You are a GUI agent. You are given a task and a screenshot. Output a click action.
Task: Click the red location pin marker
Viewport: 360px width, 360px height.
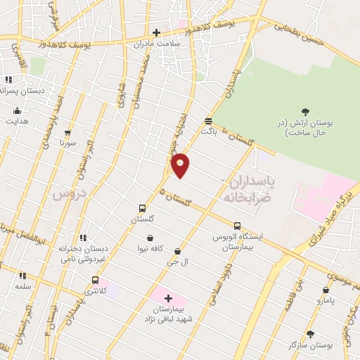pyautogui.click(x=181, y=165)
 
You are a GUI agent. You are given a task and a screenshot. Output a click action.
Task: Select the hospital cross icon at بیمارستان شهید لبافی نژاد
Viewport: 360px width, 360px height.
pyautogui.click(x=169, y=298)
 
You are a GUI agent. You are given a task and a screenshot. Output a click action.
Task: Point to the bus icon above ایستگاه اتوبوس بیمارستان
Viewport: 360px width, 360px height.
pyautogui.click(x=237, y=226)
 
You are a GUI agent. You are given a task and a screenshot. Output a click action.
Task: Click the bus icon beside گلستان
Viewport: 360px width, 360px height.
pyautogui.click(x=143, y=208)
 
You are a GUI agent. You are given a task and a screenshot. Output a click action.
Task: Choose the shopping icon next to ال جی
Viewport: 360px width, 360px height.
pyautogui.click(x=176, y=250)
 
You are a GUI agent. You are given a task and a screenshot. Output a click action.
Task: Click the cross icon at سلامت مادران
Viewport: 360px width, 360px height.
pyautogui.click(x=156, y=32)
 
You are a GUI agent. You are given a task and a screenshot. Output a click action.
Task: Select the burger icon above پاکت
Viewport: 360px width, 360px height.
pyautogui.click(x=207, y=120)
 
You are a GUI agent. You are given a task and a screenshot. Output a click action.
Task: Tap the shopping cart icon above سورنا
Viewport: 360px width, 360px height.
pyautogui.click(x=67, y=131)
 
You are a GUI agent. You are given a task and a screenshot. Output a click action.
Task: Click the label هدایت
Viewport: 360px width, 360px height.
pyautogui.click(x=17, y=121)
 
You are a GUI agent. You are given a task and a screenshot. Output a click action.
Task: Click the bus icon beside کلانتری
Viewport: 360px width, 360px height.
pyautogui.click(x=95, y=280)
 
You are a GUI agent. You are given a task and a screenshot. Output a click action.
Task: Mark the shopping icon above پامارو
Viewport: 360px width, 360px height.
pyautogui.click(x=326, y=290)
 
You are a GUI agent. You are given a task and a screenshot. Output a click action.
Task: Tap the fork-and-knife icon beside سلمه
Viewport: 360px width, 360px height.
pyautogui.click(x=22, y=276)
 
